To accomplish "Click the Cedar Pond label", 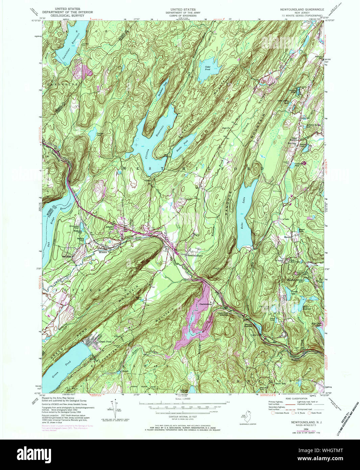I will point(208,68).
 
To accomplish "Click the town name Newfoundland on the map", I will point(195,256).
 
